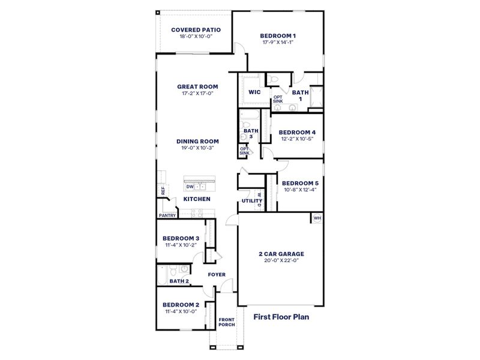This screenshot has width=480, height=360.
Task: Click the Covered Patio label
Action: tap(196, 29)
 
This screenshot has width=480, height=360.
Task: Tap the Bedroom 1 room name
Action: tap(278, 35)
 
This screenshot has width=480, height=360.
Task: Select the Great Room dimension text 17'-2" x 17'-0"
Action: tap(197, 93)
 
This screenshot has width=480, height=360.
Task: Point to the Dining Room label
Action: tap(197, 142)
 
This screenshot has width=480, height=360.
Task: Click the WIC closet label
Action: tap(254, 92)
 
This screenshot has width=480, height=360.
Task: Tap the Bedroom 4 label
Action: tap(297, 132)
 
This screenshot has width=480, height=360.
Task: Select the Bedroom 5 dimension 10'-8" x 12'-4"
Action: tap(300, 190)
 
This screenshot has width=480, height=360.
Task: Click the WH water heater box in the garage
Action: tap(317, 218)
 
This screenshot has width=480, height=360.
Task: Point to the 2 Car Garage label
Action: tap(281, 254)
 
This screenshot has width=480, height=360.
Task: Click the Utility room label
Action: tap(248, 201)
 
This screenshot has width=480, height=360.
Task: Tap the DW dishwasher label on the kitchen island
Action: tap(190, 187)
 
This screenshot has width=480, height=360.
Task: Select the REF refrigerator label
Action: tap(163, 191)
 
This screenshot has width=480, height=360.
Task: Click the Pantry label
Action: tap(167, 215)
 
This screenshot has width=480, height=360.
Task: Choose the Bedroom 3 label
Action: tap(181, 238)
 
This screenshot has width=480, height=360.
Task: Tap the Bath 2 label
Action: tap(179, 281)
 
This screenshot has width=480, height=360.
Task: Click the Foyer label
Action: tap(217, 275)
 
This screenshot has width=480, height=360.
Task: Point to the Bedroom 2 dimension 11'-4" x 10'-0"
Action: tap(180, 311)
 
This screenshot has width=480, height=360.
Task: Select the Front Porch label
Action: tap(226, 322)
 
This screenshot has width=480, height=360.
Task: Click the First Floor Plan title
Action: tap(281, 316)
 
